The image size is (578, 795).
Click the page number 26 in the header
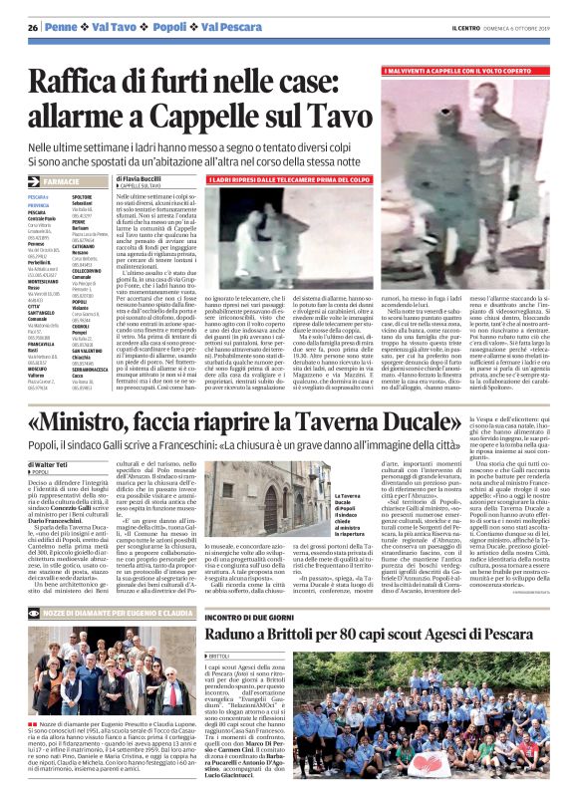[x=32, y=27]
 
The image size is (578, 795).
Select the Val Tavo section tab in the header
[x=118, y=27]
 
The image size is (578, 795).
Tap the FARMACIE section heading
[x=62, y=182]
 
